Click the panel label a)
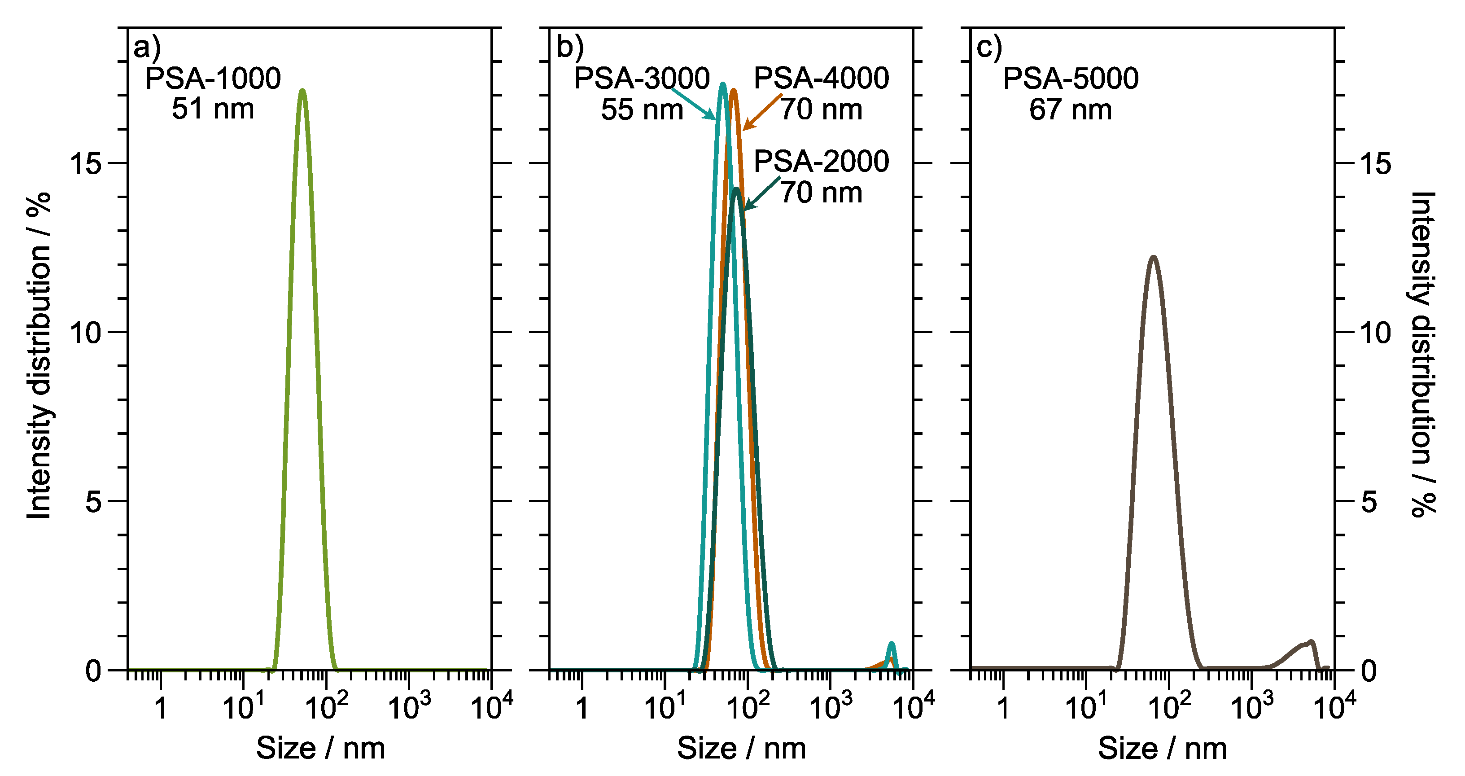147,48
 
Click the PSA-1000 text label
213,79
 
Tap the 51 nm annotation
213,109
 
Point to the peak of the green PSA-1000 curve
302,91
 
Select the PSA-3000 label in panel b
642,79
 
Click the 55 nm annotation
642,110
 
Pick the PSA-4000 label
821,79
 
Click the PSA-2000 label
821,162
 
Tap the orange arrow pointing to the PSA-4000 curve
762,111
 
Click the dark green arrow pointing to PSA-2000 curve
762,193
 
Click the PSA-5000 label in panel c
1070,79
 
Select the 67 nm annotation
1070,110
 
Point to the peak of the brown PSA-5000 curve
1153,258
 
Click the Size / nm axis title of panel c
1162,748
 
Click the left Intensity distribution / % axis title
39,355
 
